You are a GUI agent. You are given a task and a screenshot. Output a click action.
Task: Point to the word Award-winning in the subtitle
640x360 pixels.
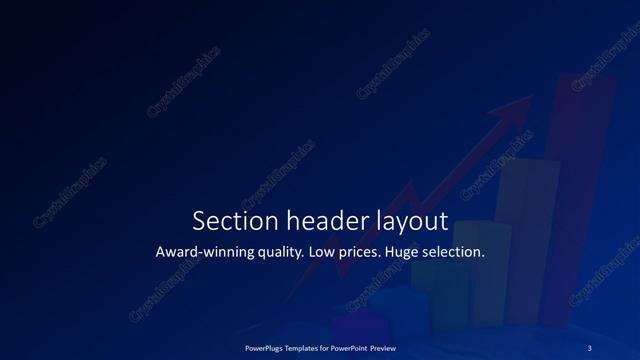(x=203, y=252)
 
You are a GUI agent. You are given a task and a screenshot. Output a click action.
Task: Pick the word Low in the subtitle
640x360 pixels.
(x=325, y=252)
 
